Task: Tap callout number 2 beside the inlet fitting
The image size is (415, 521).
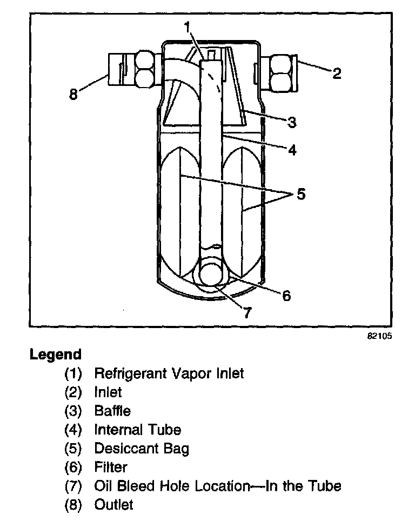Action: (336, 73)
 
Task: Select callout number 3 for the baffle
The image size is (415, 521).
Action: (292, 122)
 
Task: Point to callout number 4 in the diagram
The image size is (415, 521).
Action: (291, 150)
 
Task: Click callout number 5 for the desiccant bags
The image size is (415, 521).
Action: (300, 193)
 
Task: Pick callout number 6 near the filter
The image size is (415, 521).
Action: (286, 295)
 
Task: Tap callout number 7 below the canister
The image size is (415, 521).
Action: (247, 312)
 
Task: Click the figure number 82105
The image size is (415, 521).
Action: (379, 336)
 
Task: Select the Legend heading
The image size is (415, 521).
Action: (56, 355)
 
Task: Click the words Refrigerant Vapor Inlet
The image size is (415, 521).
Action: (169, 373)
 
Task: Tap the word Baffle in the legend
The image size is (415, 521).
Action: (112, 411)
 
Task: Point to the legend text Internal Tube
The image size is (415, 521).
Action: (137, 430)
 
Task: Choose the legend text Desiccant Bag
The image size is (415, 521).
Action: (142, 449)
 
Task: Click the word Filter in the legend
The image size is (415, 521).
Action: (110, 467)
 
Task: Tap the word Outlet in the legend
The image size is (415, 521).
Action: (113, 505)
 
